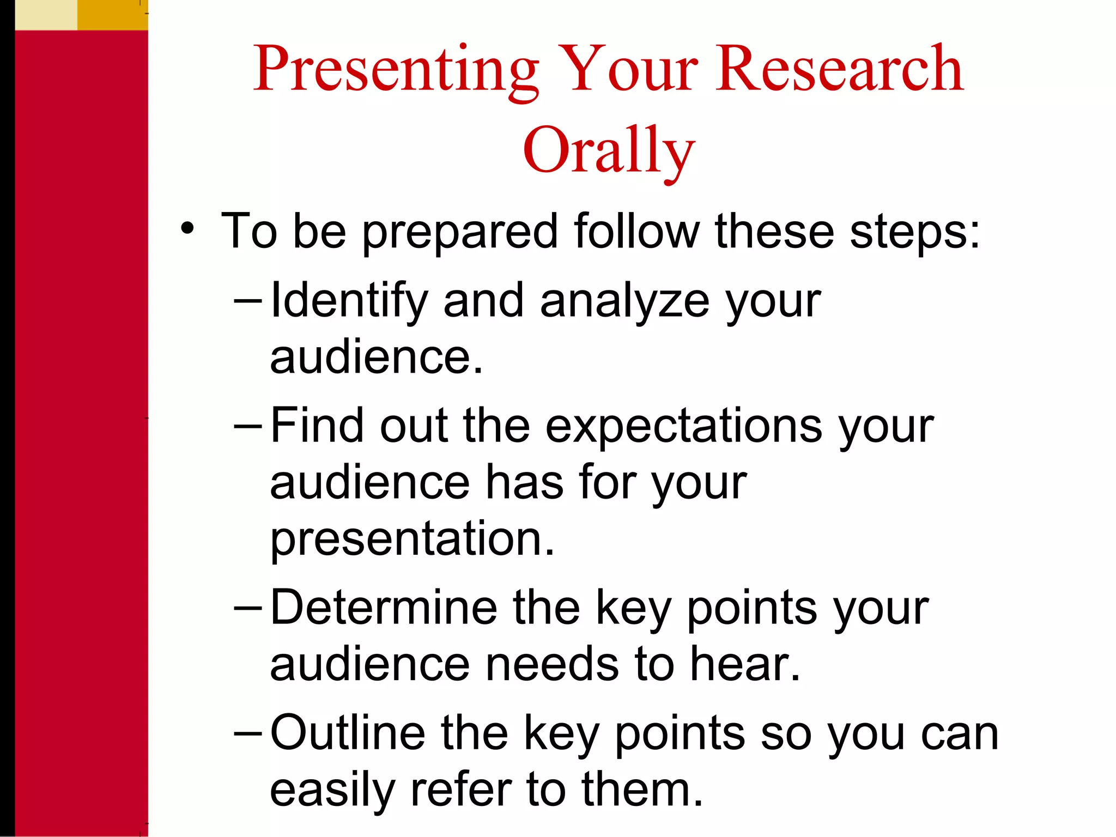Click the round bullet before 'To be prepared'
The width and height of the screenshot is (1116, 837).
[x=187, y=228]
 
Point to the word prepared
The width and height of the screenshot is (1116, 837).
[x=460, y=232]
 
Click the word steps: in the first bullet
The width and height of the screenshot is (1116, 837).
[x=915, y=232]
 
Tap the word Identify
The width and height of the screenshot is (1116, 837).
[x=349, y=301]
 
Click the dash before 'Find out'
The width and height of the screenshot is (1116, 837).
[x=248, y=426]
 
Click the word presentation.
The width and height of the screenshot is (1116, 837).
[x=412, y=539]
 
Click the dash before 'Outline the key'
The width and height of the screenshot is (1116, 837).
[x=248, y=733]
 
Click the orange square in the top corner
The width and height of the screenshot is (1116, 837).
[x=112, y=15]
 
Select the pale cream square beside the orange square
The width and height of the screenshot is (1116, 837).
[x=46, y=15]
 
